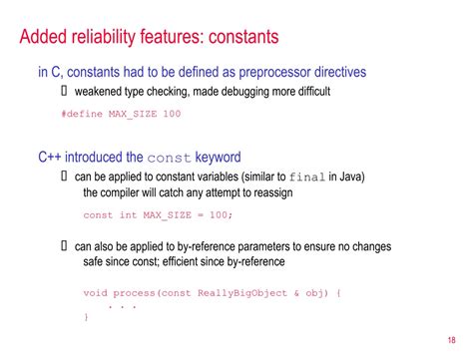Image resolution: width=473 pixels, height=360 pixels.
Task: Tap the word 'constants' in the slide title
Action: (x=240, y=38)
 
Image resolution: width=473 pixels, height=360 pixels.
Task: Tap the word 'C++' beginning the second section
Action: (x=52, y=158)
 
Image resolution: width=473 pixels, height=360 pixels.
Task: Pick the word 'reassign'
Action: (x=267, y=192)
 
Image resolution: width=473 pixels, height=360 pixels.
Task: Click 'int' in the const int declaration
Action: (x=129, y=215)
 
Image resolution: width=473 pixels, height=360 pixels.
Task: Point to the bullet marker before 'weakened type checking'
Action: (x=65, y=92)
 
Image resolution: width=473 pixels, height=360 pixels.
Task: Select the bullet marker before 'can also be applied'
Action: (x=65, y=246)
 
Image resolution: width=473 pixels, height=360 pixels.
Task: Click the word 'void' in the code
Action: (x=95, y=293)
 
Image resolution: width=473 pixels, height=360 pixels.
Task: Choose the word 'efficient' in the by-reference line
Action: (x=193, y=261)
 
